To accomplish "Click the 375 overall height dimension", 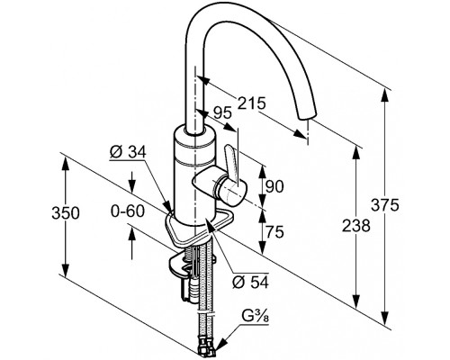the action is pos(385,205).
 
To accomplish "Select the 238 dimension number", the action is pos(356,226).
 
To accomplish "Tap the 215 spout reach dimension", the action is pos(252,103).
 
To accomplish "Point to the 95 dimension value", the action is pos(222,113).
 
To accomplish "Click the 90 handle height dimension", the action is pos(274,186).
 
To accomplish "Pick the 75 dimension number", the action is pos(274,231).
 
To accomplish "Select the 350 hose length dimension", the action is pos(66,213).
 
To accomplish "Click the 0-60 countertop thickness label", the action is pos(128,211).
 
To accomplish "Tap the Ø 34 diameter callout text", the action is pos(128,153).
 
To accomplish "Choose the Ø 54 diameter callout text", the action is pos(250,282).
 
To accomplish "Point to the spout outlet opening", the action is pos(308,116).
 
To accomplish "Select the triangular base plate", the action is pos(199,227).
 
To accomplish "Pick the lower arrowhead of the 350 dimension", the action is pos(66,267).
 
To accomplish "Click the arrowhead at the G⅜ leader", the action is pos(220,345).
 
